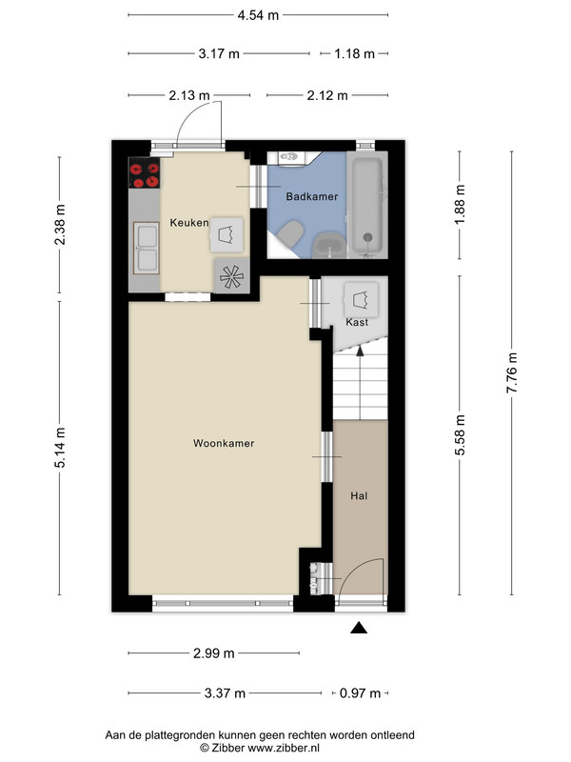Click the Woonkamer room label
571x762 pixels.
tap(224, 443)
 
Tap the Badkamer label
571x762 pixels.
tap(312, 197)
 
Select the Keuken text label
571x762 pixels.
tap(188, 223)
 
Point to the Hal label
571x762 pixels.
tap(359, 496)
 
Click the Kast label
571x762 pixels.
tap(357, 322)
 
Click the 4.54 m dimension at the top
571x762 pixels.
tap(258, 15)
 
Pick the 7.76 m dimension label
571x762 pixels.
tap(512, 373)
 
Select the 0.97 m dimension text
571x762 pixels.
tap(360, 693)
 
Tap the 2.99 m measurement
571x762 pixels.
tap(213, 653)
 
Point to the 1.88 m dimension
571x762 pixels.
tap(460, 204)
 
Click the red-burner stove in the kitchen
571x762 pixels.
tap(145, 172)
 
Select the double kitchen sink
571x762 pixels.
tap(147, 249)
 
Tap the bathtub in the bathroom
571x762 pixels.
tap(367, 205)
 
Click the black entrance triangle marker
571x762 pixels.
tap(359, 628)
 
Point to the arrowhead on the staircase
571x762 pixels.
tap(360, 351)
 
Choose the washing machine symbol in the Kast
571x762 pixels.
tap(361, 297)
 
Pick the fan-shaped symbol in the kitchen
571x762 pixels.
tap(231, 276)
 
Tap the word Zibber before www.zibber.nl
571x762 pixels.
tap(228, 748)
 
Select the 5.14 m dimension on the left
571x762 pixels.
tap(60, 448)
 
